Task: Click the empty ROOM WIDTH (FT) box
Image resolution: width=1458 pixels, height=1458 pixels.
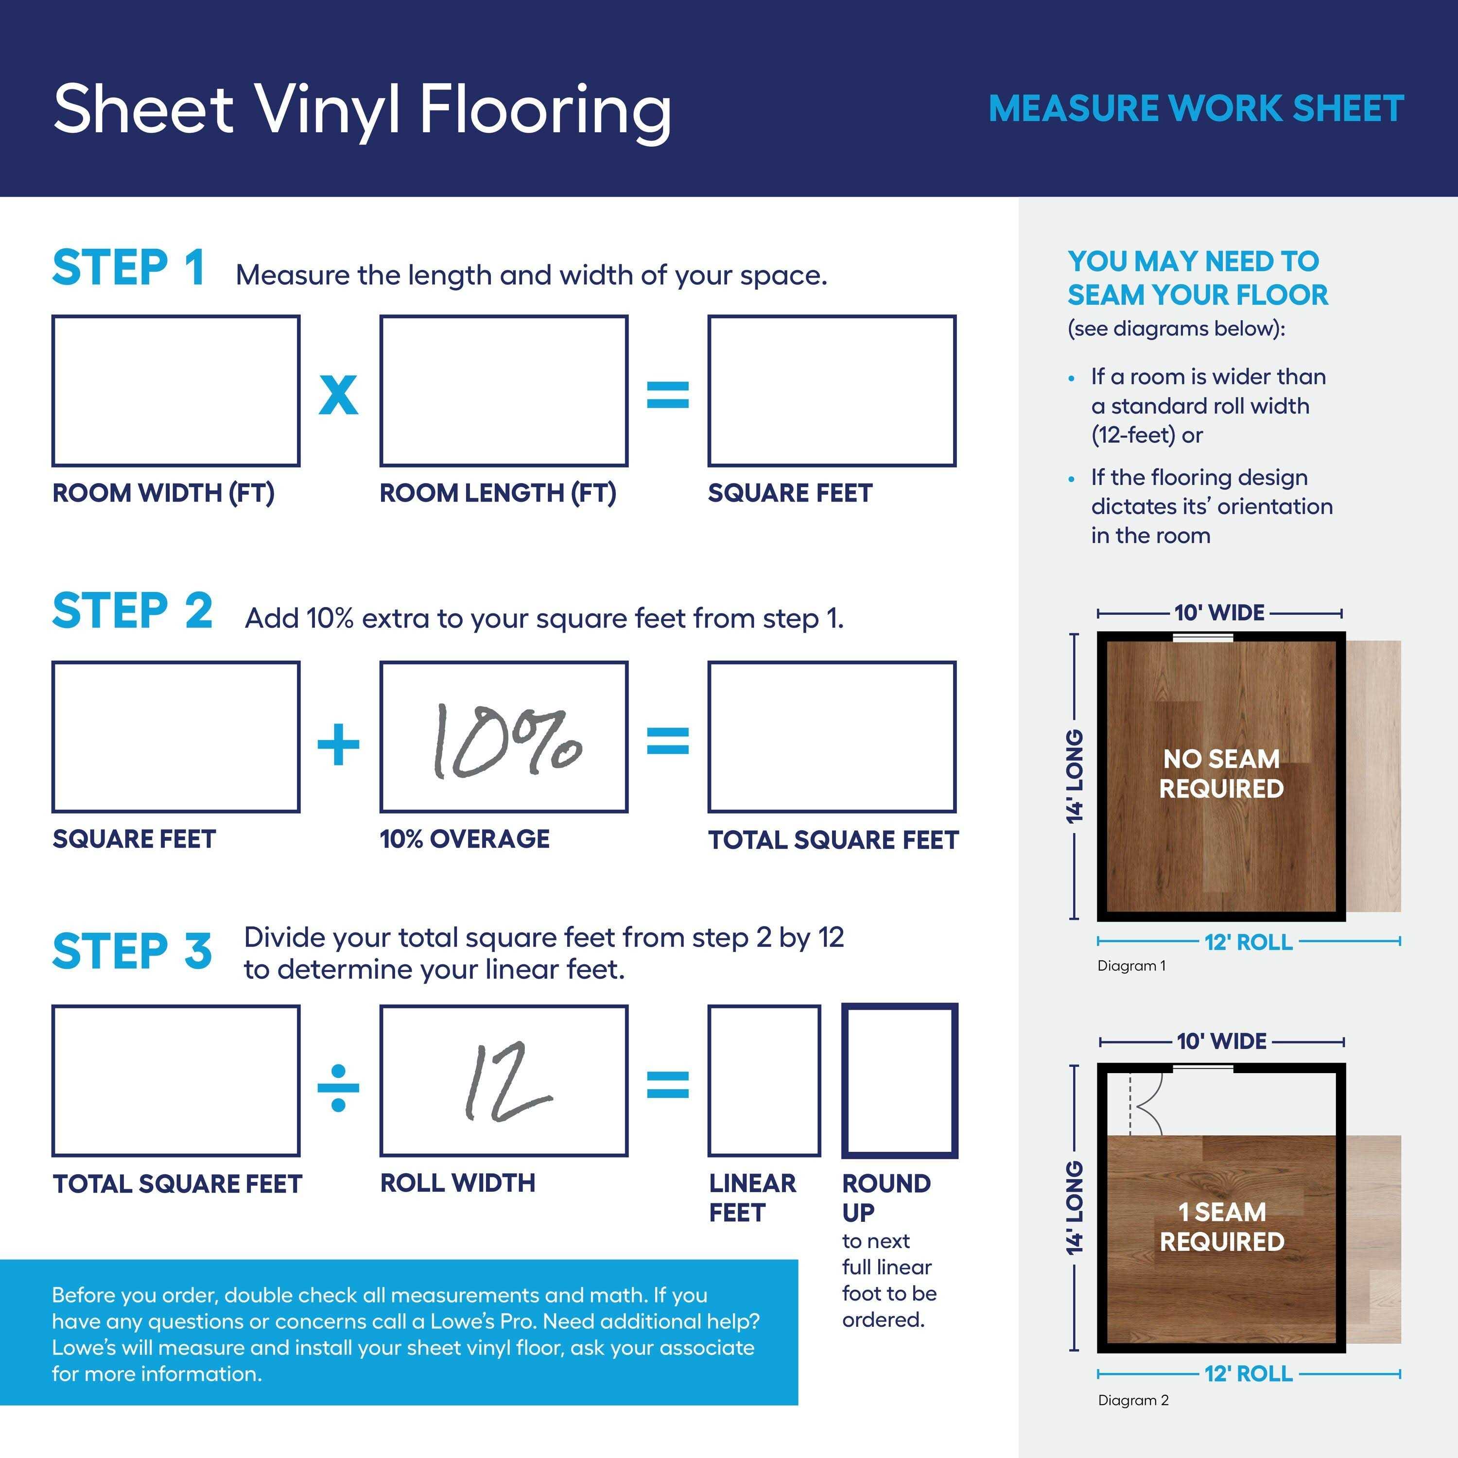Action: pos(176,391)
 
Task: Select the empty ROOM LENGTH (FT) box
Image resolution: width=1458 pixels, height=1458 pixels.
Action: pos(503,391)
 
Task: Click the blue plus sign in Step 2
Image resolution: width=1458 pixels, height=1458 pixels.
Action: pos(338,744)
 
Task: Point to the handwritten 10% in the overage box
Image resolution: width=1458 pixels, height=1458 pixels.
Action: pos(505,741)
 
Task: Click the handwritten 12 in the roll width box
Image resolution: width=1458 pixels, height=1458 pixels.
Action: pos(505,1082)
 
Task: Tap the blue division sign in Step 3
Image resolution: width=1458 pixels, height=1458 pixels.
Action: pos(338,1088)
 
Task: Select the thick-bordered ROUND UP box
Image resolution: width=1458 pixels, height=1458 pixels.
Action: pos(900,1081)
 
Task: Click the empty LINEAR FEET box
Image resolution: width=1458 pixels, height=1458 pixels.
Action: pos(764,1081)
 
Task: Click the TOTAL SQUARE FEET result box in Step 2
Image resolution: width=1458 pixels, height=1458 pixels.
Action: pos(832,737)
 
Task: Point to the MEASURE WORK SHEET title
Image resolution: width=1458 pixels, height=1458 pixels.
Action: pos(1196,108)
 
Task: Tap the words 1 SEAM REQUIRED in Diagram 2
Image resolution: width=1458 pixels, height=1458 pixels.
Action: pos(1221,1226)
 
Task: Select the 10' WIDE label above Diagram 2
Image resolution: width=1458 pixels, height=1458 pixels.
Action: pos(1221,1041)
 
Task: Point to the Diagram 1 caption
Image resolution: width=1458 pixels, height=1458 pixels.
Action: pos(1131,966)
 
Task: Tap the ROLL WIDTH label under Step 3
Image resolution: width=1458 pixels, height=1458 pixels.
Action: pos(457,1182)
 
